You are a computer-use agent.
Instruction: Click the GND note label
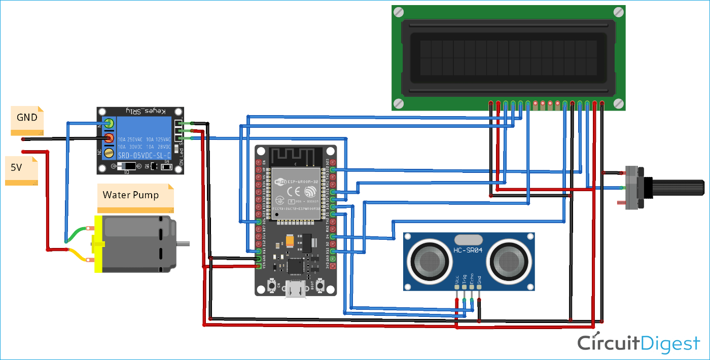pos(27,118)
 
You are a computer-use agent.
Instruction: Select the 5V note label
pos(17,167)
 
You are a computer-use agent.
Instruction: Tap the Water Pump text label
pos(131,195)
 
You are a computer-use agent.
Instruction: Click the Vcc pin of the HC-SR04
pos(457,288)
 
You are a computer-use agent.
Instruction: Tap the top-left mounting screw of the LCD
pos(399,12)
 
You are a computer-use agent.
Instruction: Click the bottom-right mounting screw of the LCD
pos(618,103)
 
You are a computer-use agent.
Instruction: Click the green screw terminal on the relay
pos(109,122)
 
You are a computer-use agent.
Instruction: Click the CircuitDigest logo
pos(638,343)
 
